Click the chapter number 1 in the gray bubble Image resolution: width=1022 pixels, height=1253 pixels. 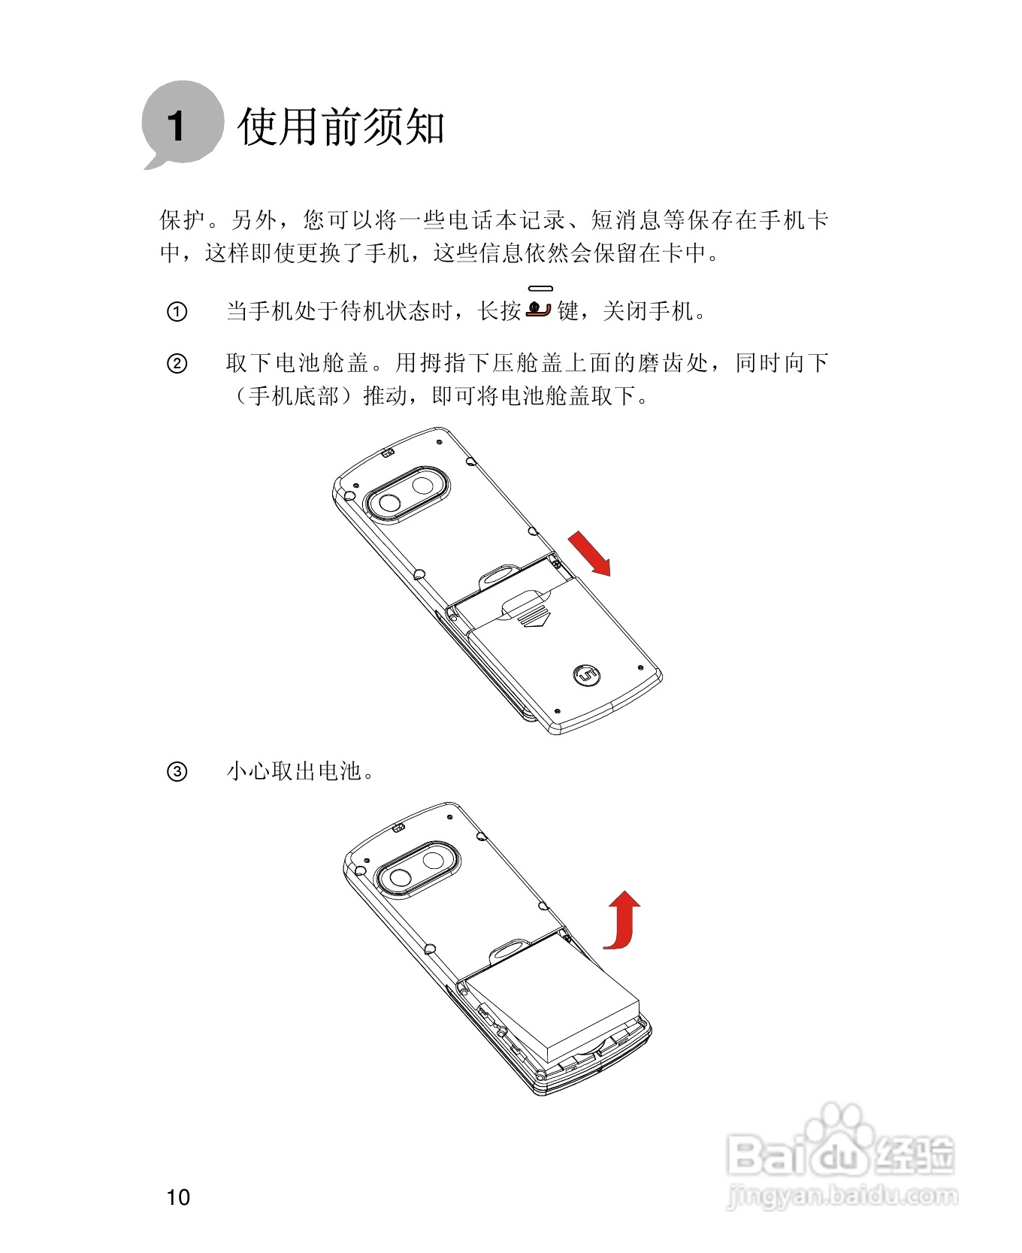coord(177,126)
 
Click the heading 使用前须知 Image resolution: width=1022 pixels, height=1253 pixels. coord(340,126)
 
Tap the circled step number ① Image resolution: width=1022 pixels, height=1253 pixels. coord(177,311)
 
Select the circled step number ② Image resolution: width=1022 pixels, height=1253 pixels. coord(177,365)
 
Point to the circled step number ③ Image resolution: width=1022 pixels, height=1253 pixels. coord(177,772)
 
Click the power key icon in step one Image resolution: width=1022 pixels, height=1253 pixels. coord(539,307)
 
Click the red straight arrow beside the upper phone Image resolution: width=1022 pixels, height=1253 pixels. coord(589,552)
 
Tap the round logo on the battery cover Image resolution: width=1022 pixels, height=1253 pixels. coord(586,675)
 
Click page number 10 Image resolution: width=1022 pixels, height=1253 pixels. coord(178,1197)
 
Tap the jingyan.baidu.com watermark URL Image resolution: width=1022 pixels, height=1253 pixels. coord(842,1195)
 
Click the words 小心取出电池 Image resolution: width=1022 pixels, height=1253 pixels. coord(295,772)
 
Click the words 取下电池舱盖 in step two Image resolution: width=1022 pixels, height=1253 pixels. coord(298,364)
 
